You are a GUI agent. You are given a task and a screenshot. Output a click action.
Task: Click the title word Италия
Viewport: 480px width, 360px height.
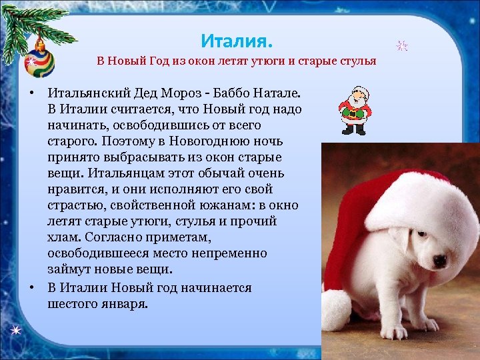tap(237, 41)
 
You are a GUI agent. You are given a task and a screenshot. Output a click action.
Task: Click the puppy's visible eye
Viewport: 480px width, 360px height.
tap(422, 235)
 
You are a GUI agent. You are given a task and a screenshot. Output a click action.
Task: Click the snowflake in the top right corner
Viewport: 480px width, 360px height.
tap(402, 46)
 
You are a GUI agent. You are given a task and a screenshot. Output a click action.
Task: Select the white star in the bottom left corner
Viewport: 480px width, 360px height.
tap(15, 331)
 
